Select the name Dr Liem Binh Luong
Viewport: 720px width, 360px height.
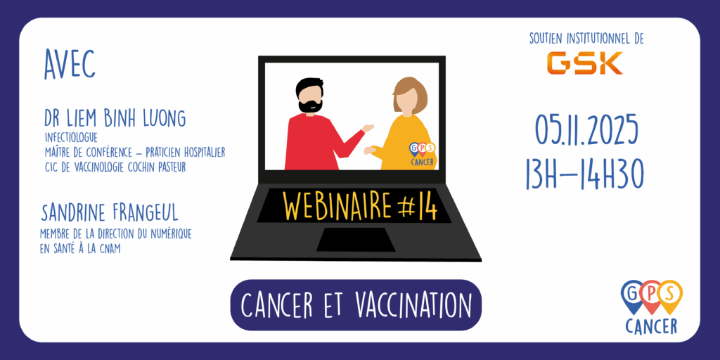[x=115, y=118]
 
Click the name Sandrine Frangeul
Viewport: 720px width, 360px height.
[x=109, y=213]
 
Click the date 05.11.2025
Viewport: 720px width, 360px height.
[x=586, y=130]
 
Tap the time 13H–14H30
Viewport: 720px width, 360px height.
[x=585, y=174]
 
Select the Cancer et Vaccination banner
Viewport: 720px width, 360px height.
[x=355, y=305]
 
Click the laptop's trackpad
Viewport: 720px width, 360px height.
[x=355, y=239]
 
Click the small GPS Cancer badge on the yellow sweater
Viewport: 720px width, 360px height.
[x=422, y=154]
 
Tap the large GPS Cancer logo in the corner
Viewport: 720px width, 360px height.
[x=651, y=307]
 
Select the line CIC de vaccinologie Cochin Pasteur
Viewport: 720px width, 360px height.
[x=115, y=167]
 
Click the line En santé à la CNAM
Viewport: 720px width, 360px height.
[x=80, y=249]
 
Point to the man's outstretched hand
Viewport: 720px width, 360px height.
[x=367, y=128]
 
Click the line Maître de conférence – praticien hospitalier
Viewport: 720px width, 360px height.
[x=135, y=153]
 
